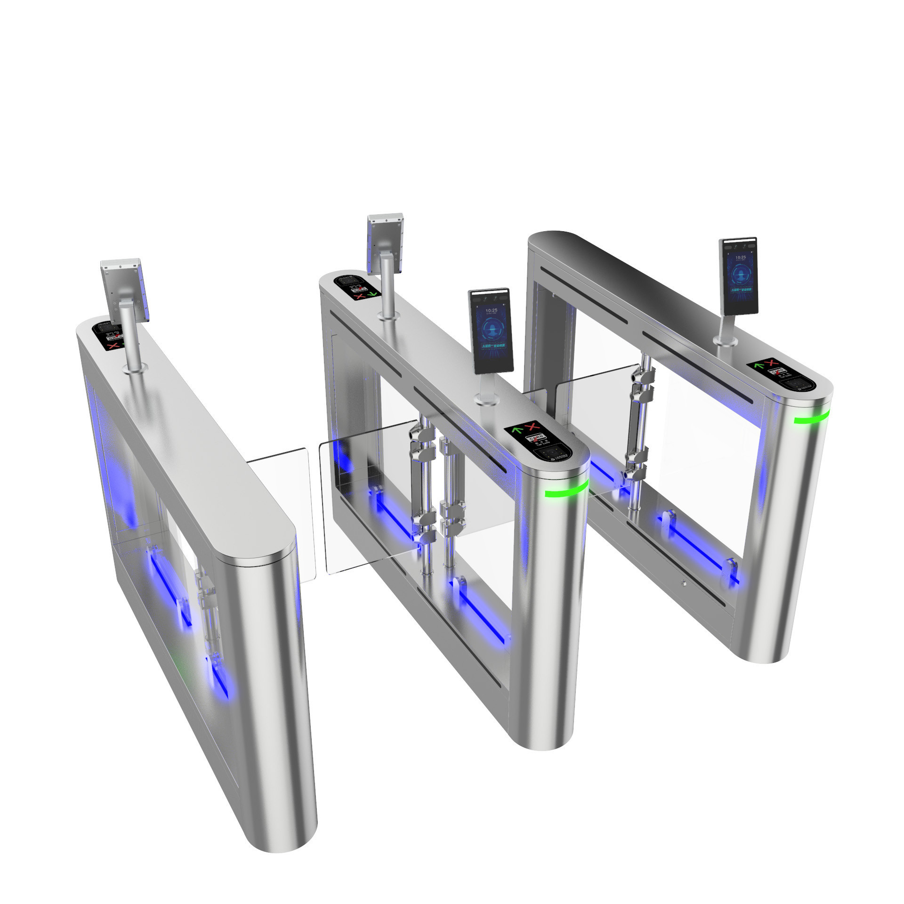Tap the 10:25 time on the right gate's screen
point(740,258)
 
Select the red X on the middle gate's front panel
point(532,428)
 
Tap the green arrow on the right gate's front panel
point(759,365)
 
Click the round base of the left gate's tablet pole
point(132,371)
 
